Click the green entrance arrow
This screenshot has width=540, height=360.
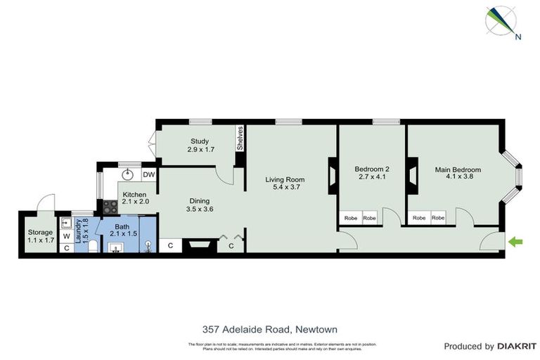(516, 243)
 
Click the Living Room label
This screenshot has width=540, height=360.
(285, 184)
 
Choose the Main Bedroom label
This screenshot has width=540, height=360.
(458, 173)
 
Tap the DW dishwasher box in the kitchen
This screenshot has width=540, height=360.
(148, 175)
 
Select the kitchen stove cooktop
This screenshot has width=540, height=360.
(110, 207)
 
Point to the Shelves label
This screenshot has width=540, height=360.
(240, 138)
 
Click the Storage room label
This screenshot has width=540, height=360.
(40, 236)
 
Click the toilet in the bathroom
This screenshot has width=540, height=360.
(93, 245)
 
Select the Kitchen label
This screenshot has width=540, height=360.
(134, 198)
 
